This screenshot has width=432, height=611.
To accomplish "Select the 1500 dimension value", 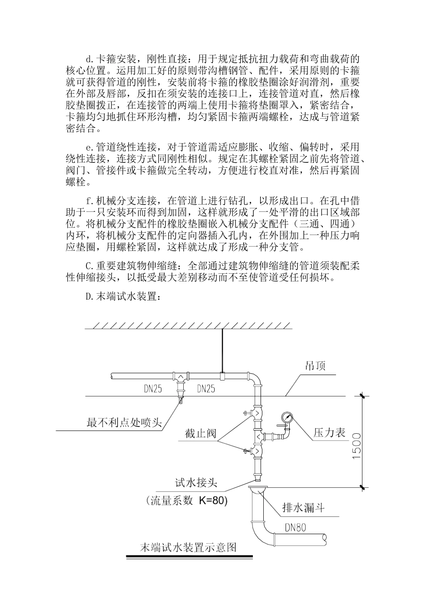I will coord(357,446).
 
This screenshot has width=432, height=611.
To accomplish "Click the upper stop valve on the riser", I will coord(256,413).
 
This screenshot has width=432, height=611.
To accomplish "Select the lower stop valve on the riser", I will coord(256,451).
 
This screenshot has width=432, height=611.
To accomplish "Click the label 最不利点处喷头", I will coord(124,422).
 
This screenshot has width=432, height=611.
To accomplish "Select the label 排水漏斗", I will coord(303,508).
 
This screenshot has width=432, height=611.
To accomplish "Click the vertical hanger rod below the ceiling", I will coord(222,350).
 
